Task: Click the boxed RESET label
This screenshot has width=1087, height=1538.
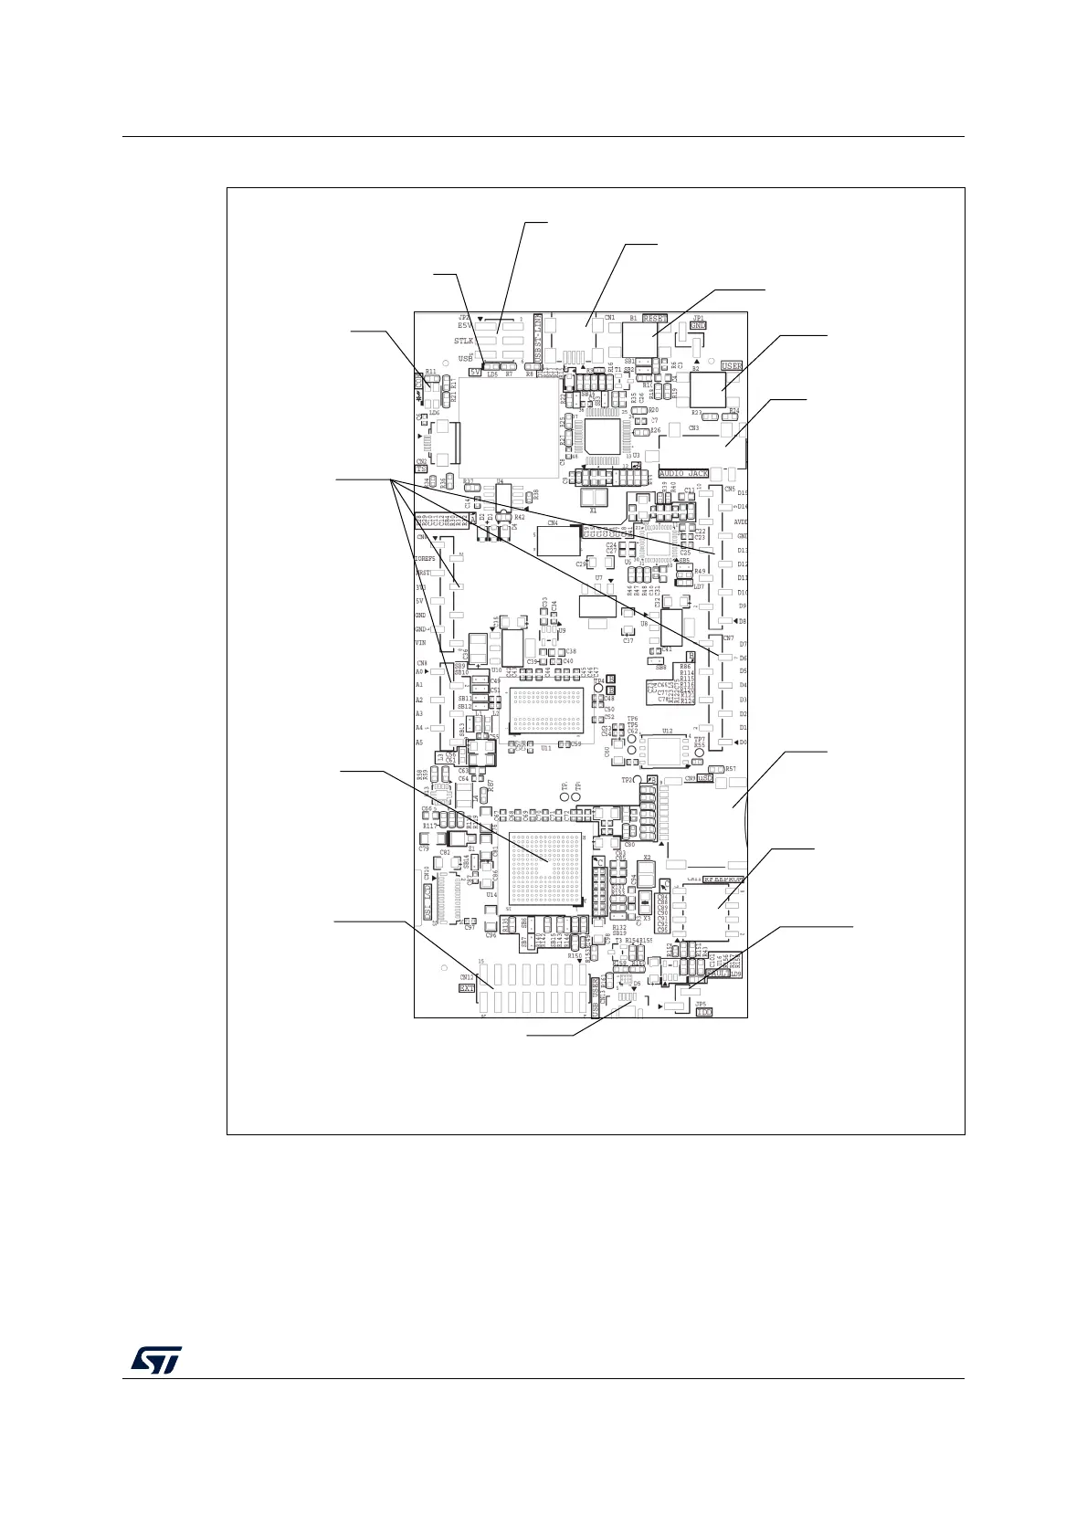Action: [655, 319]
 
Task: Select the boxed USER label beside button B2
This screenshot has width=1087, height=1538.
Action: [732, 365]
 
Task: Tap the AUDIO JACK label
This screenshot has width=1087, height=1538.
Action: [683, 474]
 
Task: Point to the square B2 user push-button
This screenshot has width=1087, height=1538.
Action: [707, 389]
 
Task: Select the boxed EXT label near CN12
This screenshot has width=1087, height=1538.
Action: [467, 987]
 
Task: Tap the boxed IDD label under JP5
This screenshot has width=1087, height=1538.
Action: [703, 1012]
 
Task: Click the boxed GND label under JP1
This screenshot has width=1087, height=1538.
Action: [698, 325]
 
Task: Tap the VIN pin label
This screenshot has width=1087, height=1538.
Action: [421, 643]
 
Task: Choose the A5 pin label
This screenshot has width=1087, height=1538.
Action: [419, 743]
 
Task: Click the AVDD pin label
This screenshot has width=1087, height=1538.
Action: [741, 521]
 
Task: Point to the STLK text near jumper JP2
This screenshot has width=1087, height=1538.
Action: [464, 341]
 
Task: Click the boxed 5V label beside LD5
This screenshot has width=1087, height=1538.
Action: [475, 372]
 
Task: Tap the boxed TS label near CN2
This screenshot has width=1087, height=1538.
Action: [421, 469]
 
